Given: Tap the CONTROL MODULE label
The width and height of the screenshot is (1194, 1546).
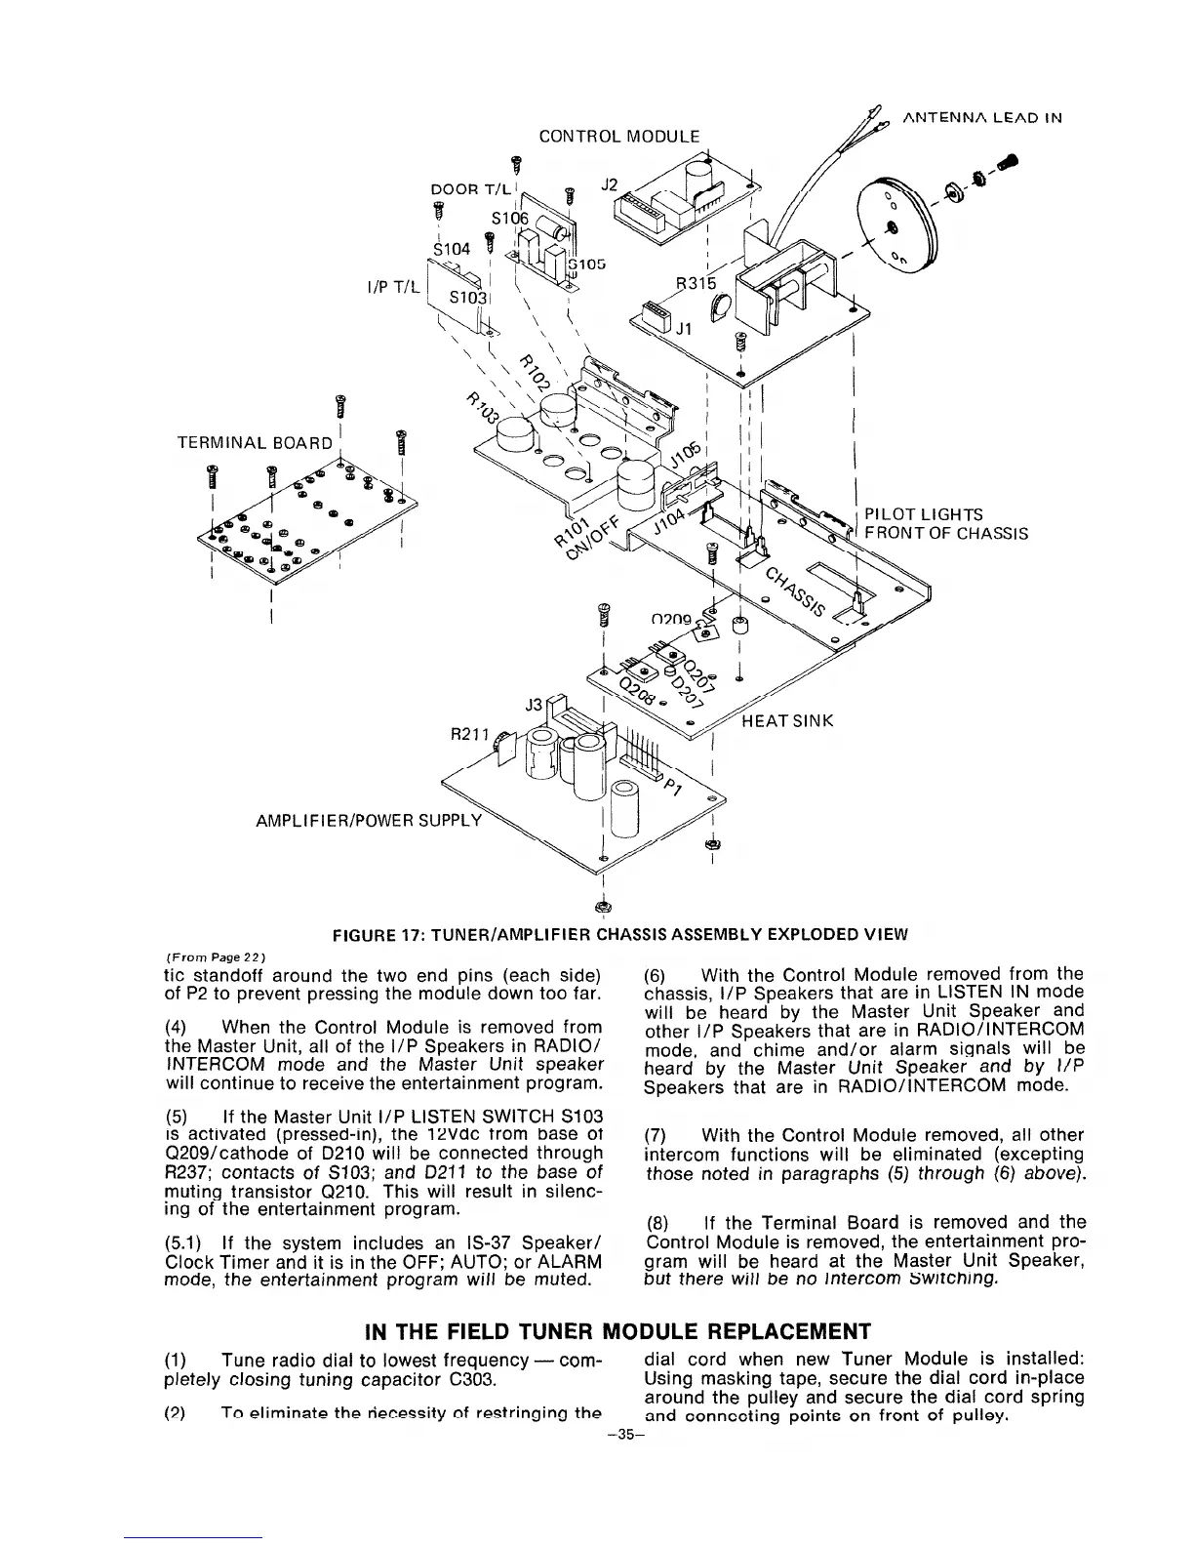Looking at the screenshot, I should [619, 136].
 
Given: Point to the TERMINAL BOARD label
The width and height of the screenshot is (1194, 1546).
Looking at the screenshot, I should [254, 442].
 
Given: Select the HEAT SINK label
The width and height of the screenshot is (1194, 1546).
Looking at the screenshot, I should [787, 721].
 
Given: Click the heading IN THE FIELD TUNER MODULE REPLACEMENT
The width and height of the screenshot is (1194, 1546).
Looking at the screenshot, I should [617, 1331].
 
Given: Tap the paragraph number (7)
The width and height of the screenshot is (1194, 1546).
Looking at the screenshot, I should [660, 1135].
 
